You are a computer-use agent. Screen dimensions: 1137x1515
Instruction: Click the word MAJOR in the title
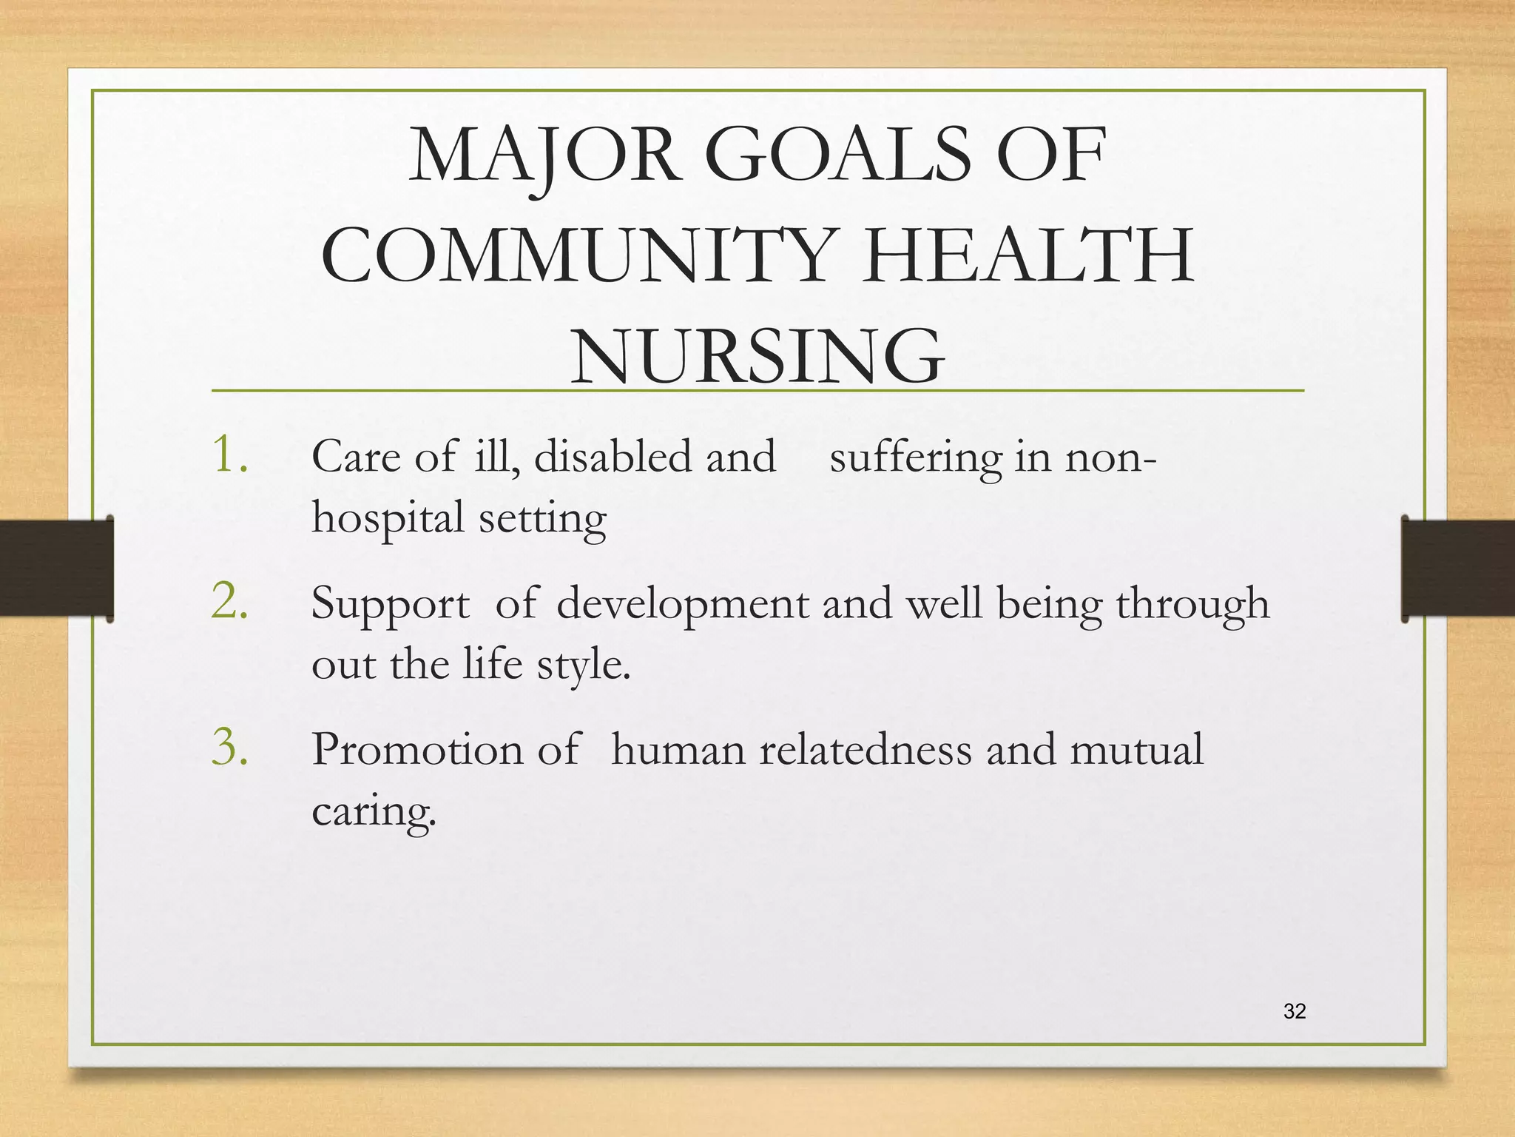point(544,156)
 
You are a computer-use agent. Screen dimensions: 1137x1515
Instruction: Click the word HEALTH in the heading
point(1028,256)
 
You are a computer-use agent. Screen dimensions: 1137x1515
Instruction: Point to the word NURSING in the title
point(757,357)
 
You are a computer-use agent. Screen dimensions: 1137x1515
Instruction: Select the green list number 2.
point(229,600)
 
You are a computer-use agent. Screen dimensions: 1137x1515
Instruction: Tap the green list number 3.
point(229,747)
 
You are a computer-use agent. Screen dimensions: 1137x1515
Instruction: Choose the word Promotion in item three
point(417,749)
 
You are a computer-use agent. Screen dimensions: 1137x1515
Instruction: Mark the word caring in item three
point(374,811)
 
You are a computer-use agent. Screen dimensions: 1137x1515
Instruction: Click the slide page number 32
point(1295,1011)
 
